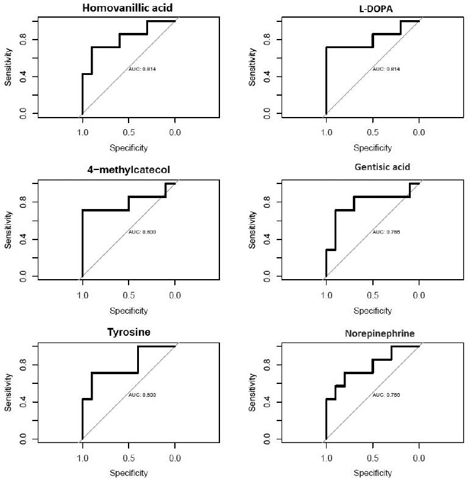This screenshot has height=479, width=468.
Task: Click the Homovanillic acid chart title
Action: [128, 7]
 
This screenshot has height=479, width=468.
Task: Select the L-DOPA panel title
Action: [372, 7]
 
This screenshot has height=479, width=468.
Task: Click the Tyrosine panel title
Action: [128, 332]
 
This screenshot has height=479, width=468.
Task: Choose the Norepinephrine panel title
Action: [372, 333]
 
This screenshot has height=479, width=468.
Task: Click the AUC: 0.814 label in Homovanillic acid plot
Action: [142, 69]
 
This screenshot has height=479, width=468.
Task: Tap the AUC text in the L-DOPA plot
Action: [386, 69]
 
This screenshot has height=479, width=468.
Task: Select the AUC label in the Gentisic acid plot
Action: [386, 232]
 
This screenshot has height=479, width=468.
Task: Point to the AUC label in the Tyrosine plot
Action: [142, 395]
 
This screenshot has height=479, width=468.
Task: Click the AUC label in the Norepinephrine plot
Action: [386, 395]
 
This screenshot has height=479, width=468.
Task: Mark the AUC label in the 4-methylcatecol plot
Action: [142, 232]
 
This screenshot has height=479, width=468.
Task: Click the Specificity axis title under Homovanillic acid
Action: [128, 147]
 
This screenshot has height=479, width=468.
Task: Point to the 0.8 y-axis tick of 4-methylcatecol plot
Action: [24, 202]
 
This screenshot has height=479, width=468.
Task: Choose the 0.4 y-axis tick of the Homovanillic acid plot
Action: [24, 77]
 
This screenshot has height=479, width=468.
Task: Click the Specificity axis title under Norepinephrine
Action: [372, 473]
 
